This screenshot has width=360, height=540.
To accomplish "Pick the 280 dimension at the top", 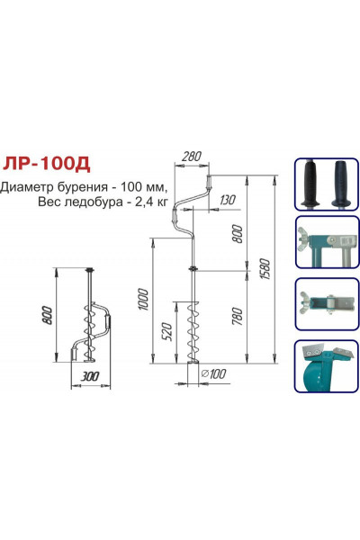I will (x=190, y=157).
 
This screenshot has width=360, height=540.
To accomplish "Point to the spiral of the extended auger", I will (x=192, y=333).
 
